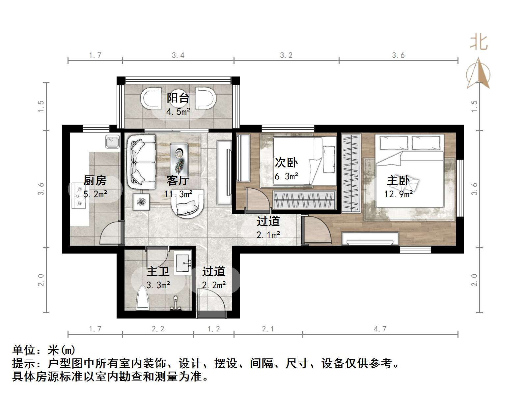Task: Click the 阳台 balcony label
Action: (178, 98)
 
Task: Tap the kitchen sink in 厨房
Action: (112, 142)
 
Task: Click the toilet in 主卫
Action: (143, 299)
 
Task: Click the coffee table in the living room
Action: (179, 159)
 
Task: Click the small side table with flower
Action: (141, 201)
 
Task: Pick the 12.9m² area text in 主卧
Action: (398, 194)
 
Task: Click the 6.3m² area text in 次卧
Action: (286, 176)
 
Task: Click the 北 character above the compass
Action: (478, 43)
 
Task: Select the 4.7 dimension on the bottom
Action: (380, 329)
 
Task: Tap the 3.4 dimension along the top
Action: (178, 55)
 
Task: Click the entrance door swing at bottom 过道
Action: (211, 302)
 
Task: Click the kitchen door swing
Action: (111, 233)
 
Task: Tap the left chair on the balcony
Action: (151, 98)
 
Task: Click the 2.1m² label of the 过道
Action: (268, 235)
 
